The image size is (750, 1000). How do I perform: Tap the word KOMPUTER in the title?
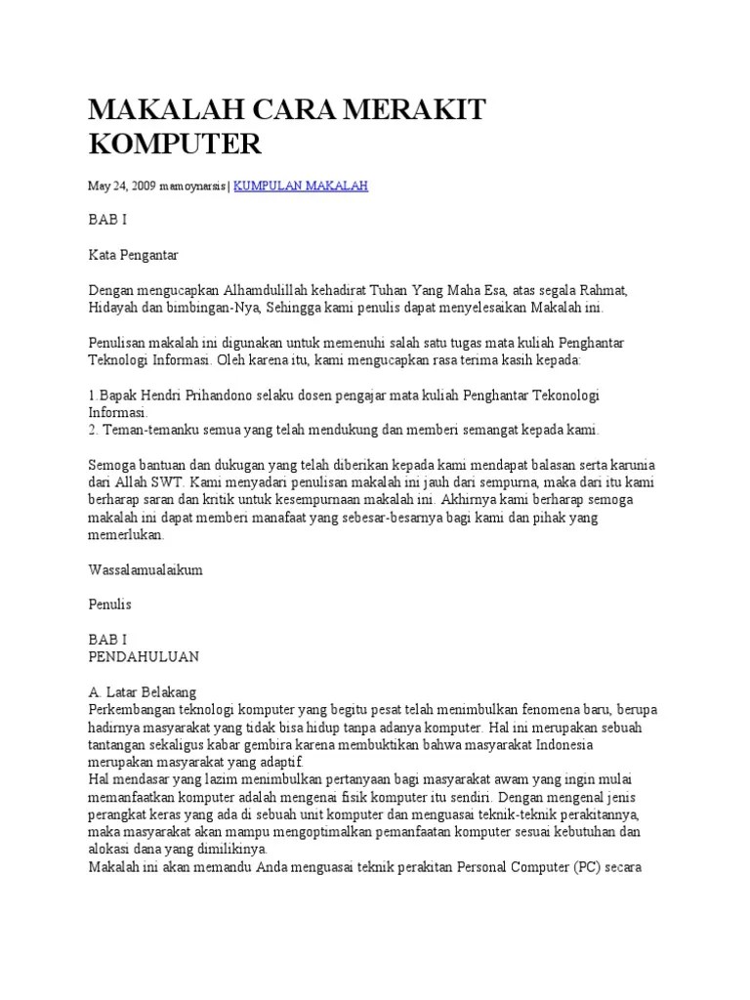175,145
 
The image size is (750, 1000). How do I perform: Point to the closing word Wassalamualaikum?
146,569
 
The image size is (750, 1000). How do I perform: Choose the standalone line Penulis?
109,604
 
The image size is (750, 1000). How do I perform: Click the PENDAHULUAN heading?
144,656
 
